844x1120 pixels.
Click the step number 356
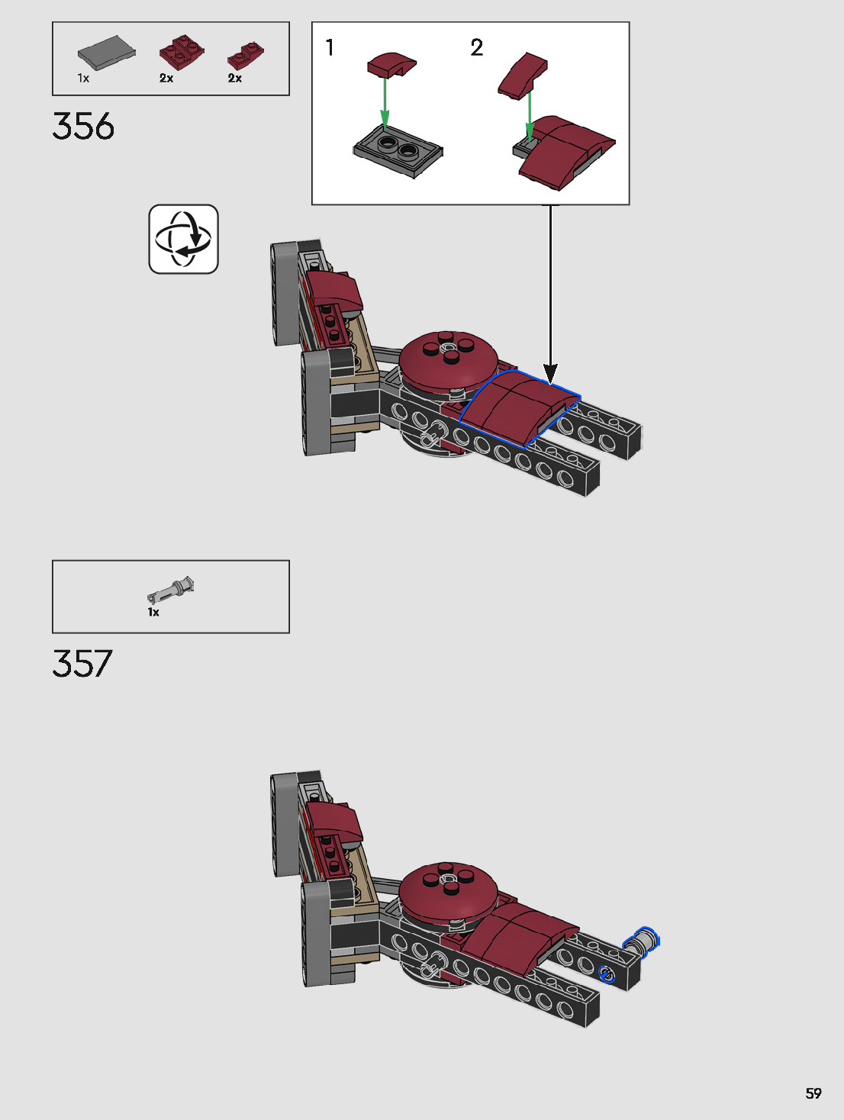coord(83,127)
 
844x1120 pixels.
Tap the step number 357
coord(82,664)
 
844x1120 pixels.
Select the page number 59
coord(813,1093)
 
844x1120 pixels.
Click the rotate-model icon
coord(183,239)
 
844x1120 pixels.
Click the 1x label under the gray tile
coord(83,78)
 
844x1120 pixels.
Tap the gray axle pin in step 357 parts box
coord(172,591)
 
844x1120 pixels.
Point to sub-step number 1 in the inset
coord(330,48)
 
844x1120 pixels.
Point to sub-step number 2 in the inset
coord(477,48)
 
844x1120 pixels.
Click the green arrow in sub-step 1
coord(385,101)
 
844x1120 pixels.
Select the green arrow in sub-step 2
coord(528,114)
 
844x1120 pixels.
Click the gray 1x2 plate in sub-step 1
coord(398,150)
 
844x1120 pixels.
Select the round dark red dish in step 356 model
coord(449,359)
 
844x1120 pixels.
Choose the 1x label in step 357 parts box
coord(153,612)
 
